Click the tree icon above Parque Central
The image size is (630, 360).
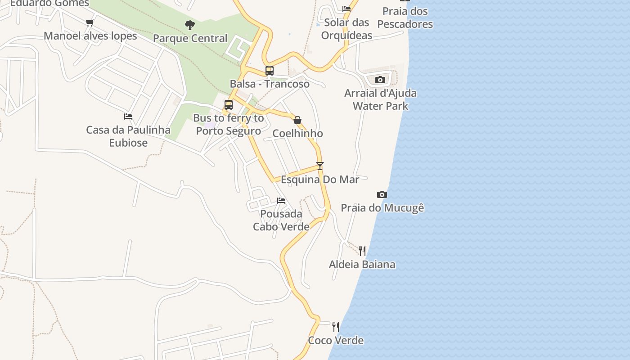(x=190, y=25)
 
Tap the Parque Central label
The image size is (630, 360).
(x=190, y=38)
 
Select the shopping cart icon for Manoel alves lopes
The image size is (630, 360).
(x=90, y=22)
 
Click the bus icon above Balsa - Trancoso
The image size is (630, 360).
(x=269, y=71)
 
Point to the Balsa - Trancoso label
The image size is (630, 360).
(x=270, y=84)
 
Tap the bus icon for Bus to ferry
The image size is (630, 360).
(x=229, y=105)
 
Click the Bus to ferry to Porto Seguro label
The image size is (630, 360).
(x=229, y=125)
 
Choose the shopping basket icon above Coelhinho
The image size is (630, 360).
(x=297, y=120)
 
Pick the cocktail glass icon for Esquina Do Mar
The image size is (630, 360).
(x=320, y=166)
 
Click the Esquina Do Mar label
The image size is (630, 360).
(x=320, y=180)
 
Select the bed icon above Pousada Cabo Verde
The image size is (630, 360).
(x=281, y=200)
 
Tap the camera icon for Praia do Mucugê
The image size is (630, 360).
(x=382, y=194)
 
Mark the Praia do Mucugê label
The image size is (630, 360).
(x=382, y=208)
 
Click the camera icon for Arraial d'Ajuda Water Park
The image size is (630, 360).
(x=380, y=80)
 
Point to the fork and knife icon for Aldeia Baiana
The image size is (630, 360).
(x=362, y=251)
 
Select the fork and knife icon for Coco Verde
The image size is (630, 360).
(x=336, y=327)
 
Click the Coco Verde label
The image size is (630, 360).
(x=336, y=340)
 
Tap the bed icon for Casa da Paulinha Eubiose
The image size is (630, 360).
(x=128, y=117)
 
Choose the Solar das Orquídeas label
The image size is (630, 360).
(x=346, y=29)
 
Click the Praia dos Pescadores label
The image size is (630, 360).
(x=405, y=18)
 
